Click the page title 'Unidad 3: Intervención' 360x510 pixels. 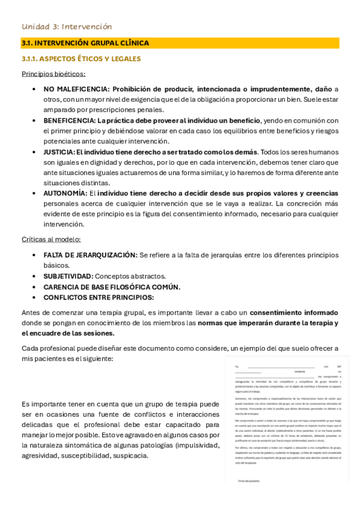coord(67,26)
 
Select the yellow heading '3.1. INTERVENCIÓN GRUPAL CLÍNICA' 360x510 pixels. coord(85,43)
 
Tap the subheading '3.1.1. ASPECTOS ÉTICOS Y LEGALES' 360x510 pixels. coord(81,59)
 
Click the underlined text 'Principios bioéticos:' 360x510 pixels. coord(53,74)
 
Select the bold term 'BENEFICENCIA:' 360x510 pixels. coord(69,120)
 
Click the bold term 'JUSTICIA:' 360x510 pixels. coord(59,152)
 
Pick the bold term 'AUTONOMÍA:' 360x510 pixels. coord(65,194)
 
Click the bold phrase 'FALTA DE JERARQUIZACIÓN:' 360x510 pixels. coord(90,255)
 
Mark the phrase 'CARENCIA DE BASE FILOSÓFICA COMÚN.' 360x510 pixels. coord(112,287)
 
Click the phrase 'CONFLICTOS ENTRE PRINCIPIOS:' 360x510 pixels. coord(99,297)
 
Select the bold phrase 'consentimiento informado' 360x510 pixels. coord(294,313)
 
